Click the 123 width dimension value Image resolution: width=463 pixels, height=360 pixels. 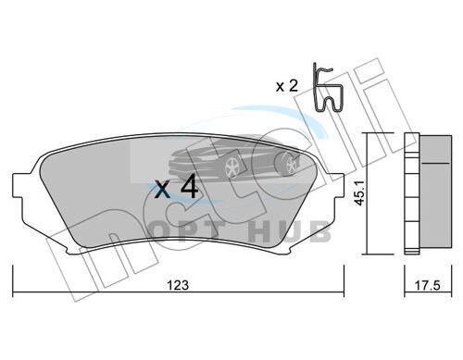coord(178,285)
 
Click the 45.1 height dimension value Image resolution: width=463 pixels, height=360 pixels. coord(359,193)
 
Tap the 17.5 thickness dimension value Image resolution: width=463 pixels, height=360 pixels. coord(427,285)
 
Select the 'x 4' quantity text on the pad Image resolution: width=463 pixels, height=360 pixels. coord(176,186)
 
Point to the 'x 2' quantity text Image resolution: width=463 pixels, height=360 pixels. coord(287,86)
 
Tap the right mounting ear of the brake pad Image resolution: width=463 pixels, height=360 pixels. coord(338,185)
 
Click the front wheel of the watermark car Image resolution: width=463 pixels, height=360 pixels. coord(232,168)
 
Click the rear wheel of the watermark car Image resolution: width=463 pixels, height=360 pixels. coord(290,165)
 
